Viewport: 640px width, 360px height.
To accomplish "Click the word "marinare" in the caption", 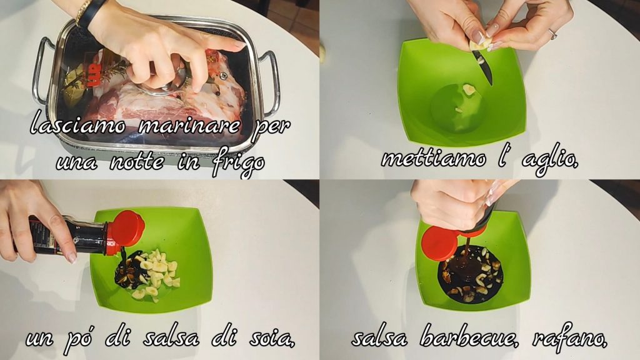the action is point(189,125).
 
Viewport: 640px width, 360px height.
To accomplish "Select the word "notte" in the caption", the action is point(137,162).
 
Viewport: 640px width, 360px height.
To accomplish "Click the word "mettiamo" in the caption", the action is point(434,158).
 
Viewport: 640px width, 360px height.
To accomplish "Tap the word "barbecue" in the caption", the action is point(469,337).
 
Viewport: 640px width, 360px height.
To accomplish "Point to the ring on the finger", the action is point(553,34).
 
